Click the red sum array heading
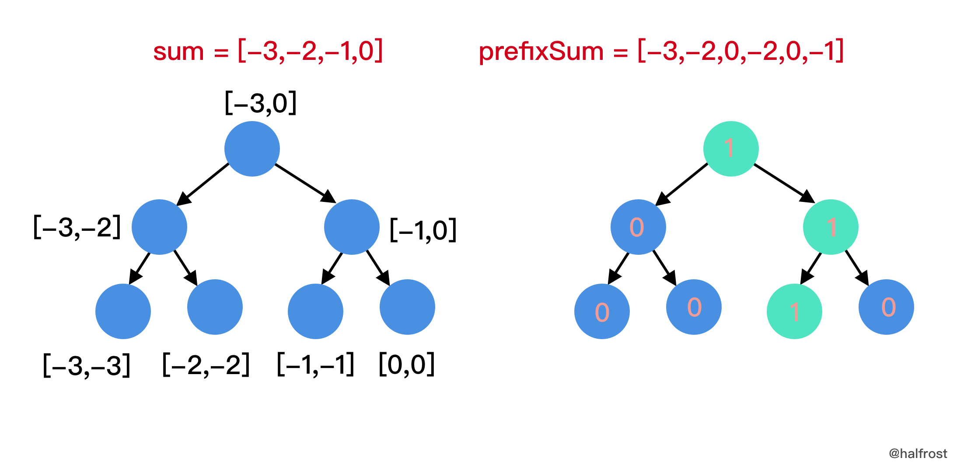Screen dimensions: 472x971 tap(268, 51)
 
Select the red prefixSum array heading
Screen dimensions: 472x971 tap(661, 51)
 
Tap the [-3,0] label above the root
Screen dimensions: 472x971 tap(261, 103)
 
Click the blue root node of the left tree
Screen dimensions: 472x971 tap(252, 149)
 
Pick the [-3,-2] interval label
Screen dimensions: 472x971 tap(77, 228)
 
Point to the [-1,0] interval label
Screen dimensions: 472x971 tap(423, 230)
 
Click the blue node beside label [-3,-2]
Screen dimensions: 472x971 tap(159, 227)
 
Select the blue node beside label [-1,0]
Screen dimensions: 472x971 tap(352, 227)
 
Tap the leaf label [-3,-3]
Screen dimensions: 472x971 tap(87, 365)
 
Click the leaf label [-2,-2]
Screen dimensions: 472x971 tap(206, 364)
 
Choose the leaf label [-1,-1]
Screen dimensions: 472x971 tap(316, 364)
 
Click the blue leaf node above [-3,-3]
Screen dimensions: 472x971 tap(123, 311)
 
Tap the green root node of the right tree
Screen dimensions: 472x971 tap(731, 149)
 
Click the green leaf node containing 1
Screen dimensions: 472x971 tap(794, 311)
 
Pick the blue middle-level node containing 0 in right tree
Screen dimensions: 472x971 tap(638, 227)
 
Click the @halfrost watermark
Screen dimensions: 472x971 tap(918, 454)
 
